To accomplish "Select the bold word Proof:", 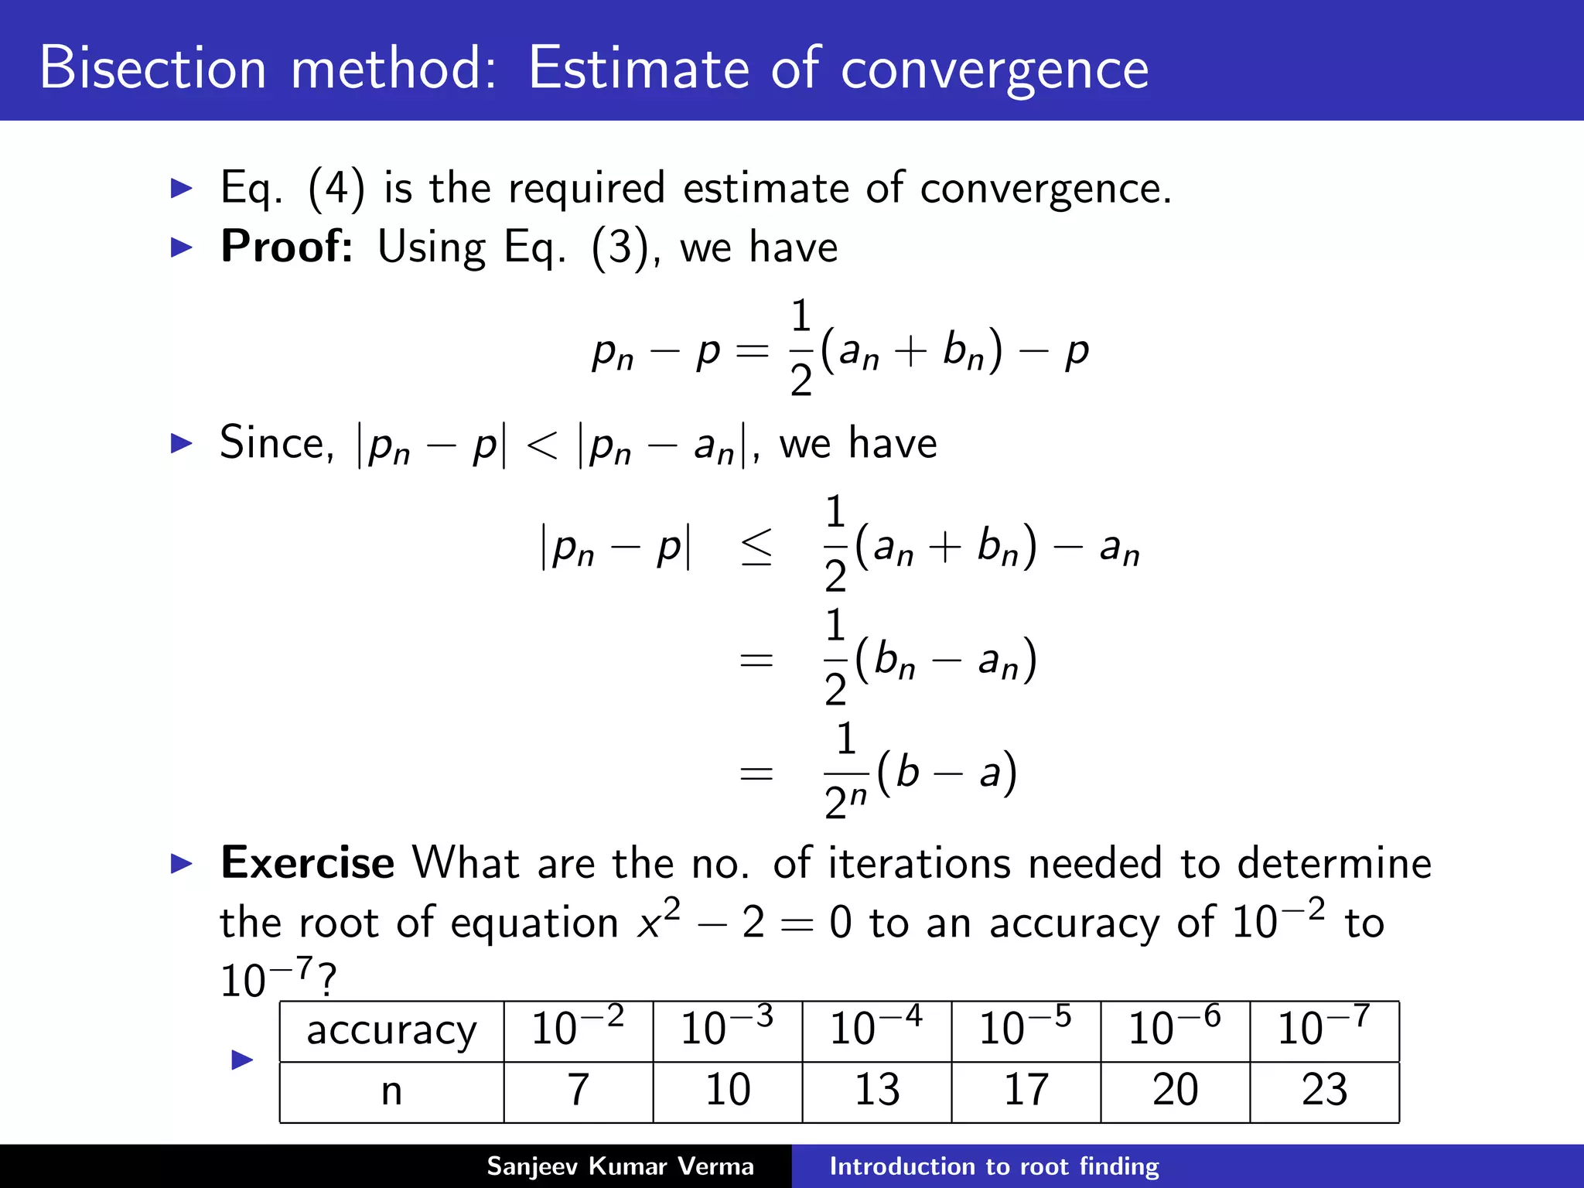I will (x=287, y=247).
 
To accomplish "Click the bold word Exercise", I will (x=307, y=862).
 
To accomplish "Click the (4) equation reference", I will (x=336, y=189).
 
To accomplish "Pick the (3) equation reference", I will (x=619, y=248).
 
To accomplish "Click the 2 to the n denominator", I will (x=845, y=801).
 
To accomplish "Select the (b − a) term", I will (x=947, y=772).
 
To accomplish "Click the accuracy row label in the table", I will (x=391, y=1031).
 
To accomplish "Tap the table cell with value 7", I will (x=579, y=1091).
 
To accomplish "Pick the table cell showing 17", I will (x=1026, y=1091).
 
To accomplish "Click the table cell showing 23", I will (x=1324, y=1091).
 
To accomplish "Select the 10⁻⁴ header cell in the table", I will (x=876, y=1029).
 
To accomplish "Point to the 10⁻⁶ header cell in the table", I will (x=1175, y=1029).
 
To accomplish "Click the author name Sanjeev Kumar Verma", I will (x=620, y=1166).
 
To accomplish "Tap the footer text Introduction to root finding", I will (x=994, y=1166).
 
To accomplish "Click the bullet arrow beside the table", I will (x=242, y=1060).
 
